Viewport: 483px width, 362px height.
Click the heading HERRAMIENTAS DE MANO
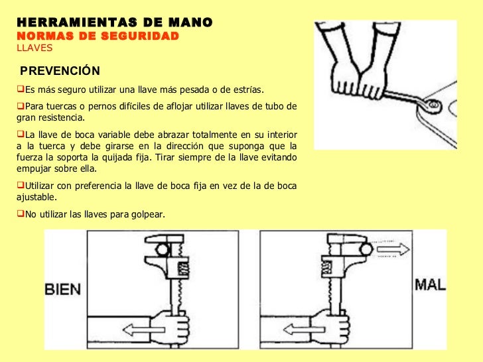pos(115,23)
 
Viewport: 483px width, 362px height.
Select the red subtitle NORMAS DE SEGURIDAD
pos(98,36)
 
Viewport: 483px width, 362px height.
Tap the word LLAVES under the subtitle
pos(34,48)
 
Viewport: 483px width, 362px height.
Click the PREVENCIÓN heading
pos(60,71)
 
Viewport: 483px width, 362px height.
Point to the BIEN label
pos(63,289)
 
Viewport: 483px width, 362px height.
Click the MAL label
pos(430,284)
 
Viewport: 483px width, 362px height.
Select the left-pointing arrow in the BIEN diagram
pos(143,330)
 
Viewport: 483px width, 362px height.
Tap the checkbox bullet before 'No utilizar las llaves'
pos(21,213)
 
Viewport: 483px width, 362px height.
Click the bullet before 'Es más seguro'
pos(21,89)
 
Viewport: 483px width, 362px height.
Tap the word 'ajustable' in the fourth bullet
pos(36,198)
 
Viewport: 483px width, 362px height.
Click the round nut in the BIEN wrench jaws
pos(162,249)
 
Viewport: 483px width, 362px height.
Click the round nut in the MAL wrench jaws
pos(366,249)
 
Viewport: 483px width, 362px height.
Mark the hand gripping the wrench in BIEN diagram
pos(171,328)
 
